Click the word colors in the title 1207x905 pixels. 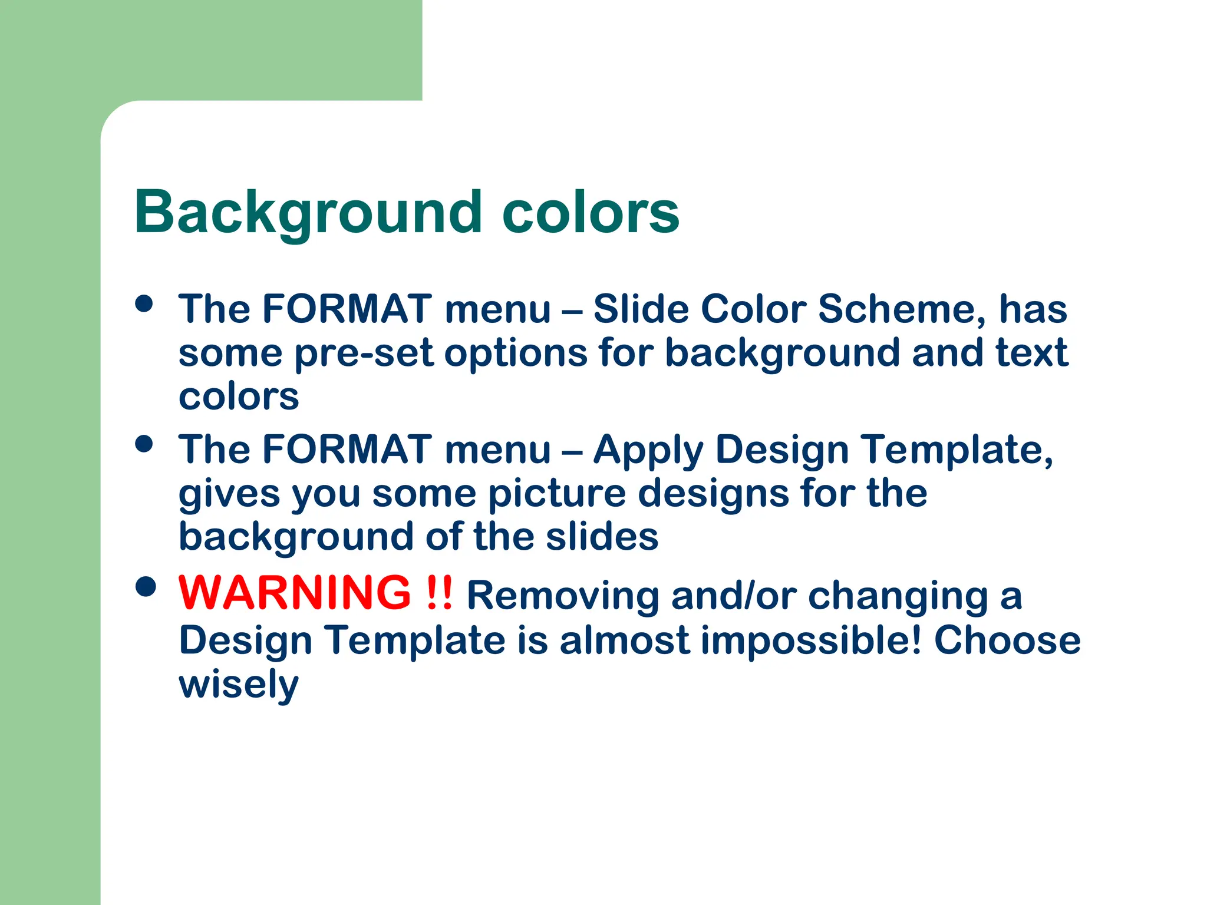[x=591, y=212]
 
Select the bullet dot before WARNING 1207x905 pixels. [x=145, y=586]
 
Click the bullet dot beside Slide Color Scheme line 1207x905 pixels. [x=144, y=303]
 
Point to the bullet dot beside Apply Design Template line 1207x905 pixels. [x=144, y=444]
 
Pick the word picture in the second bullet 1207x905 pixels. [x=557, y=494]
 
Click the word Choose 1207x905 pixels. [x=1008, y=640]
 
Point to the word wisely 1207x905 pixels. [x=239, y=685]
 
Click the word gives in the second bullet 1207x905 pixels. [x=229, y=494]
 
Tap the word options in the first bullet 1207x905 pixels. [x=516, y=354]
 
